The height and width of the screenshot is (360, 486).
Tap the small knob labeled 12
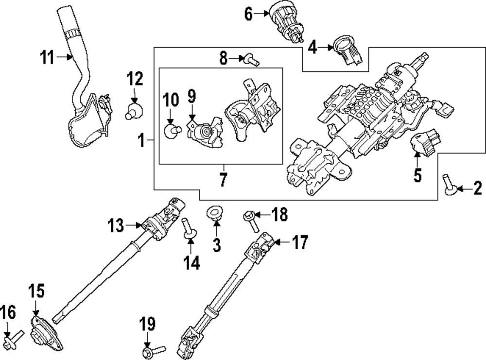point(135,108)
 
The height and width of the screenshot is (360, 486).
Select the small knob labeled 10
point(172,130)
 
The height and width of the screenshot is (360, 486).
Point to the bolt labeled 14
point(188,230)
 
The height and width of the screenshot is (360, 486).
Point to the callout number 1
point(140,141)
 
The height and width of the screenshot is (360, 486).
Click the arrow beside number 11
point(64,58)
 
